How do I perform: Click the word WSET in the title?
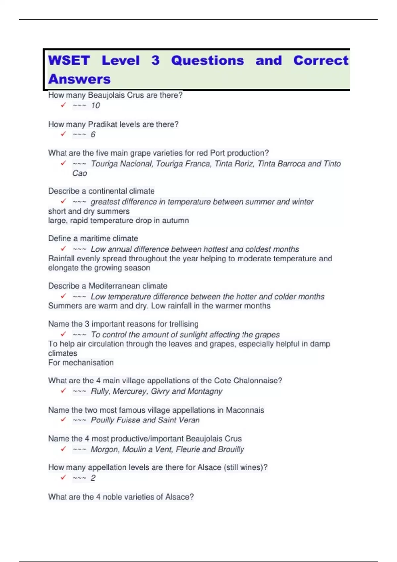(69, 60)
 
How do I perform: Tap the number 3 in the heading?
(155, 60)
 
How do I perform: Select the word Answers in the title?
(79, 79)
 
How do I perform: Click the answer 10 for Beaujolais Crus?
(95, 106)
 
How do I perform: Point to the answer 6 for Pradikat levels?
(93, 135)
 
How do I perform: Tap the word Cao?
(80, 173)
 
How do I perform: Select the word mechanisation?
(88, 363)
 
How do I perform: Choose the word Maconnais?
(245, 410)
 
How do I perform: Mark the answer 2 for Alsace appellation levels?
(93, 478)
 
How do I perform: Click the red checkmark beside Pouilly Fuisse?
(63, 420)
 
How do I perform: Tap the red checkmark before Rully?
(63, 391)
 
